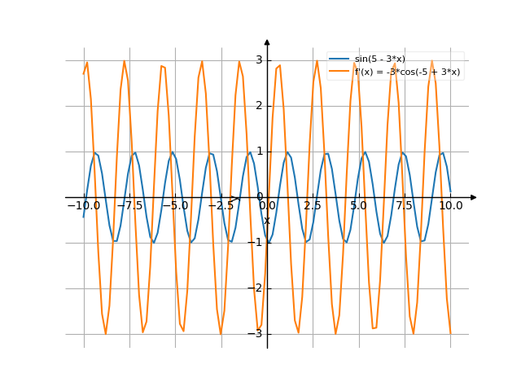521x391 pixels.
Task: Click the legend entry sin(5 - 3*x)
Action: click(379, 59)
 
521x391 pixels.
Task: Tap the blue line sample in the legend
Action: click(339, 59)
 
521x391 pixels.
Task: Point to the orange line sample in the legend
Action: click(339, 72)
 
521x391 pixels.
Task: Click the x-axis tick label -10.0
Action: click(84, 206)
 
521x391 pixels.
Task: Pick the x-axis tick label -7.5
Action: click(129, 206)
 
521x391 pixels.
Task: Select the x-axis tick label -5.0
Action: click(175, 206)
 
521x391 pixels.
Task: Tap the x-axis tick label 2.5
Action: click(313, 206)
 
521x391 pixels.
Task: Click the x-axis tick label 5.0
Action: click(358, 206)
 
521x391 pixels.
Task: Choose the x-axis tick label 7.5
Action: click(405, 206)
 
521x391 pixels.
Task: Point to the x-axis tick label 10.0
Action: click(450, 206)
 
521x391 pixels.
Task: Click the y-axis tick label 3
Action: click(258, 59)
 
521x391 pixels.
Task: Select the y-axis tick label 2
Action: click(258, 105)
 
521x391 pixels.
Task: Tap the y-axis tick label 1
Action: click(258, 151)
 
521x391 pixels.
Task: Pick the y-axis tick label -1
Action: click(256, 242)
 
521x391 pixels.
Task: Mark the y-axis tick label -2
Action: click(256, 288)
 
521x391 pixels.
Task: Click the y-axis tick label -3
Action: click(256, 333)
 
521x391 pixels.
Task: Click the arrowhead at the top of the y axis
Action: click(267, 42)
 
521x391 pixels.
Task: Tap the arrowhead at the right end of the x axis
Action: click(474, 196)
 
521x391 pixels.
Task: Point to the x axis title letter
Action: click(266, 220)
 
